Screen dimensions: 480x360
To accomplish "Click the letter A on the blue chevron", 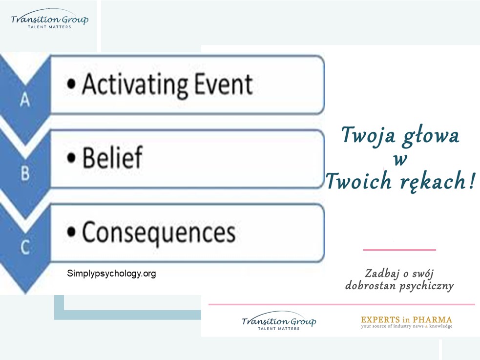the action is tap(25, 100).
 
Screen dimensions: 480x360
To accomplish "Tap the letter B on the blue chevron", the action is tap(25, 173).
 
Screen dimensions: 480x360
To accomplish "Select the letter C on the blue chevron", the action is tap(25, 247).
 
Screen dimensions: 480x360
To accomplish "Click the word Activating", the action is tap(135, 85).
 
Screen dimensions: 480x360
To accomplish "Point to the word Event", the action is tap(224, 84).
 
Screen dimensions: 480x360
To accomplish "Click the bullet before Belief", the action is tap(71, 158).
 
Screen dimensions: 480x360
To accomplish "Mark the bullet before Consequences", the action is tap(71, 232).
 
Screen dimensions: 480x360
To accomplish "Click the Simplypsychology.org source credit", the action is tap(111, 274).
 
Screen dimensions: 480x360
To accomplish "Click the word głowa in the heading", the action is tap(431, 137).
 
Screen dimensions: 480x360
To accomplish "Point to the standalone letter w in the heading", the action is tap(400, 159).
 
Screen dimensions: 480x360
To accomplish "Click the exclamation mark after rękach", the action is tap(472, 180).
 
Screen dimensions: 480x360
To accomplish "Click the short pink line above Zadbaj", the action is tap(399, 250).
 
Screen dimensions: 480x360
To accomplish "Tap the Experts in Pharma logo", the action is tap(407, 322).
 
